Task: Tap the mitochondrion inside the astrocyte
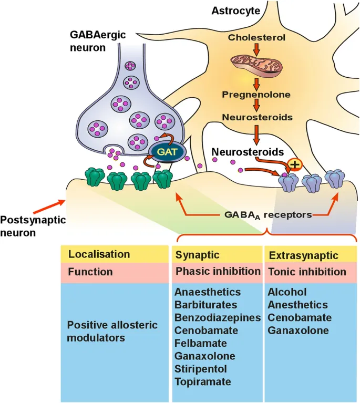[257, 65]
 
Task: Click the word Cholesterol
[256, 37]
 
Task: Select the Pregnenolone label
[256, 95]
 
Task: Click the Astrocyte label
[232, 10]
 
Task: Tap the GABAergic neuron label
[95, 40]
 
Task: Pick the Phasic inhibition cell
[218, 272]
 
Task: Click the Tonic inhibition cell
[307, 272]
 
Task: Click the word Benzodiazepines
[218, 317]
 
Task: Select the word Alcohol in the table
[287, 292]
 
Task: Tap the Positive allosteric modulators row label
[112, 331]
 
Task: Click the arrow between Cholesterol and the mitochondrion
[256, 49]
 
